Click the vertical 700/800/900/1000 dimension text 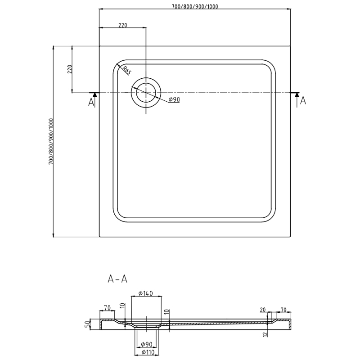(x=50, y=141)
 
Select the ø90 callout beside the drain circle (x=174, y=99)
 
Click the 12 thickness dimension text (x=266, y=333)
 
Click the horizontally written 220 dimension (x=122, y=25)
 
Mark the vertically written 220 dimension (x=69, y=69)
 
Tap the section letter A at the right (x=303, y=101)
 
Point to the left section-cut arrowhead (x=94, y=94)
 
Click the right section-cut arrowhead (x=297, y=94)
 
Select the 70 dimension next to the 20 (x=283, y=309)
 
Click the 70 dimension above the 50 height (x=107, y=308)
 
